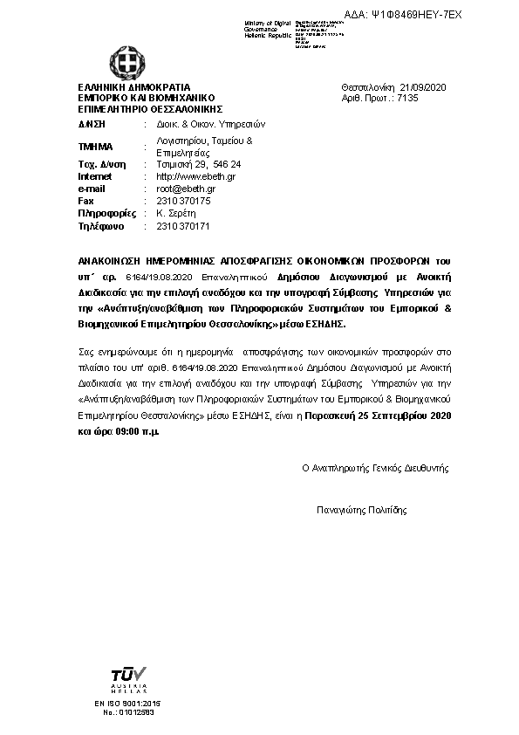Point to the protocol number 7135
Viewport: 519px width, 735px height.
pos(407,99)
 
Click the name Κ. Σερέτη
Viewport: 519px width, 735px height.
pos(173,213)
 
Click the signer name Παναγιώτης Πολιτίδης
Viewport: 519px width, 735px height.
pos(361,511)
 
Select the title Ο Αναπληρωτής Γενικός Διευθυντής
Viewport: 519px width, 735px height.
pos(375,468)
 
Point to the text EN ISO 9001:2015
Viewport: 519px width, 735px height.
pos(127,703)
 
